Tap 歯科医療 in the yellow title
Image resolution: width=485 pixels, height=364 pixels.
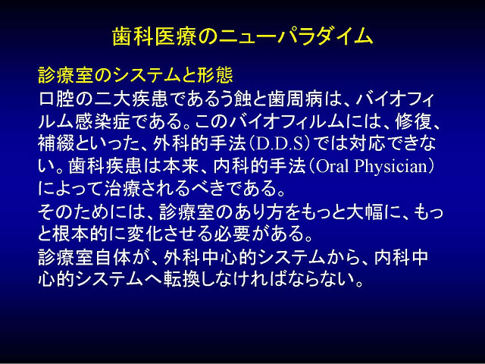click(154, 37)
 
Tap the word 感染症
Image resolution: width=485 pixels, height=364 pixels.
click(102, 122)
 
